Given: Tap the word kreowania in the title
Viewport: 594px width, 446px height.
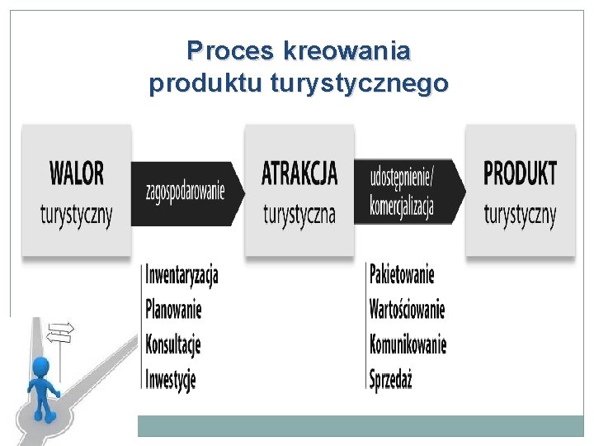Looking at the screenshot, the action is (346, 52).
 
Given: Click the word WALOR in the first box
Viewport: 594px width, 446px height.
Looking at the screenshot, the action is (77, 174).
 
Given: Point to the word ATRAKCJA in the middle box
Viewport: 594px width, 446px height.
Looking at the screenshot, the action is (299, 174).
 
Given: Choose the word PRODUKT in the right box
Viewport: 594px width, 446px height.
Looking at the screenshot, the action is (520, 174).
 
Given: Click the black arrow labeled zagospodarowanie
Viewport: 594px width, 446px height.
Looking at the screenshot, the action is (186, 192).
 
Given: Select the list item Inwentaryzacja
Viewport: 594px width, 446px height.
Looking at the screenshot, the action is (182, 274).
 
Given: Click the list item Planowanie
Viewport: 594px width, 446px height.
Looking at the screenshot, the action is (173, 310).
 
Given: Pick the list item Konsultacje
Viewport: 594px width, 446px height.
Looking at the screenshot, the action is (173, 344).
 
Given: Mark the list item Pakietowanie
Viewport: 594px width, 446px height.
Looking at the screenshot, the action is (402, 274).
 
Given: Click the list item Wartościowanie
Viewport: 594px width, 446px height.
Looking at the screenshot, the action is (408, 310).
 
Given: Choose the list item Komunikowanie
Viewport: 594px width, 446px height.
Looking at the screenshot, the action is (408, 344).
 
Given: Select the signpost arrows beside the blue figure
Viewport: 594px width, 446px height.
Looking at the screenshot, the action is (62, 332).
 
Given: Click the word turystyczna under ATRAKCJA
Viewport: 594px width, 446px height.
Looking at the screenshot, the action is (299, 215).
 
